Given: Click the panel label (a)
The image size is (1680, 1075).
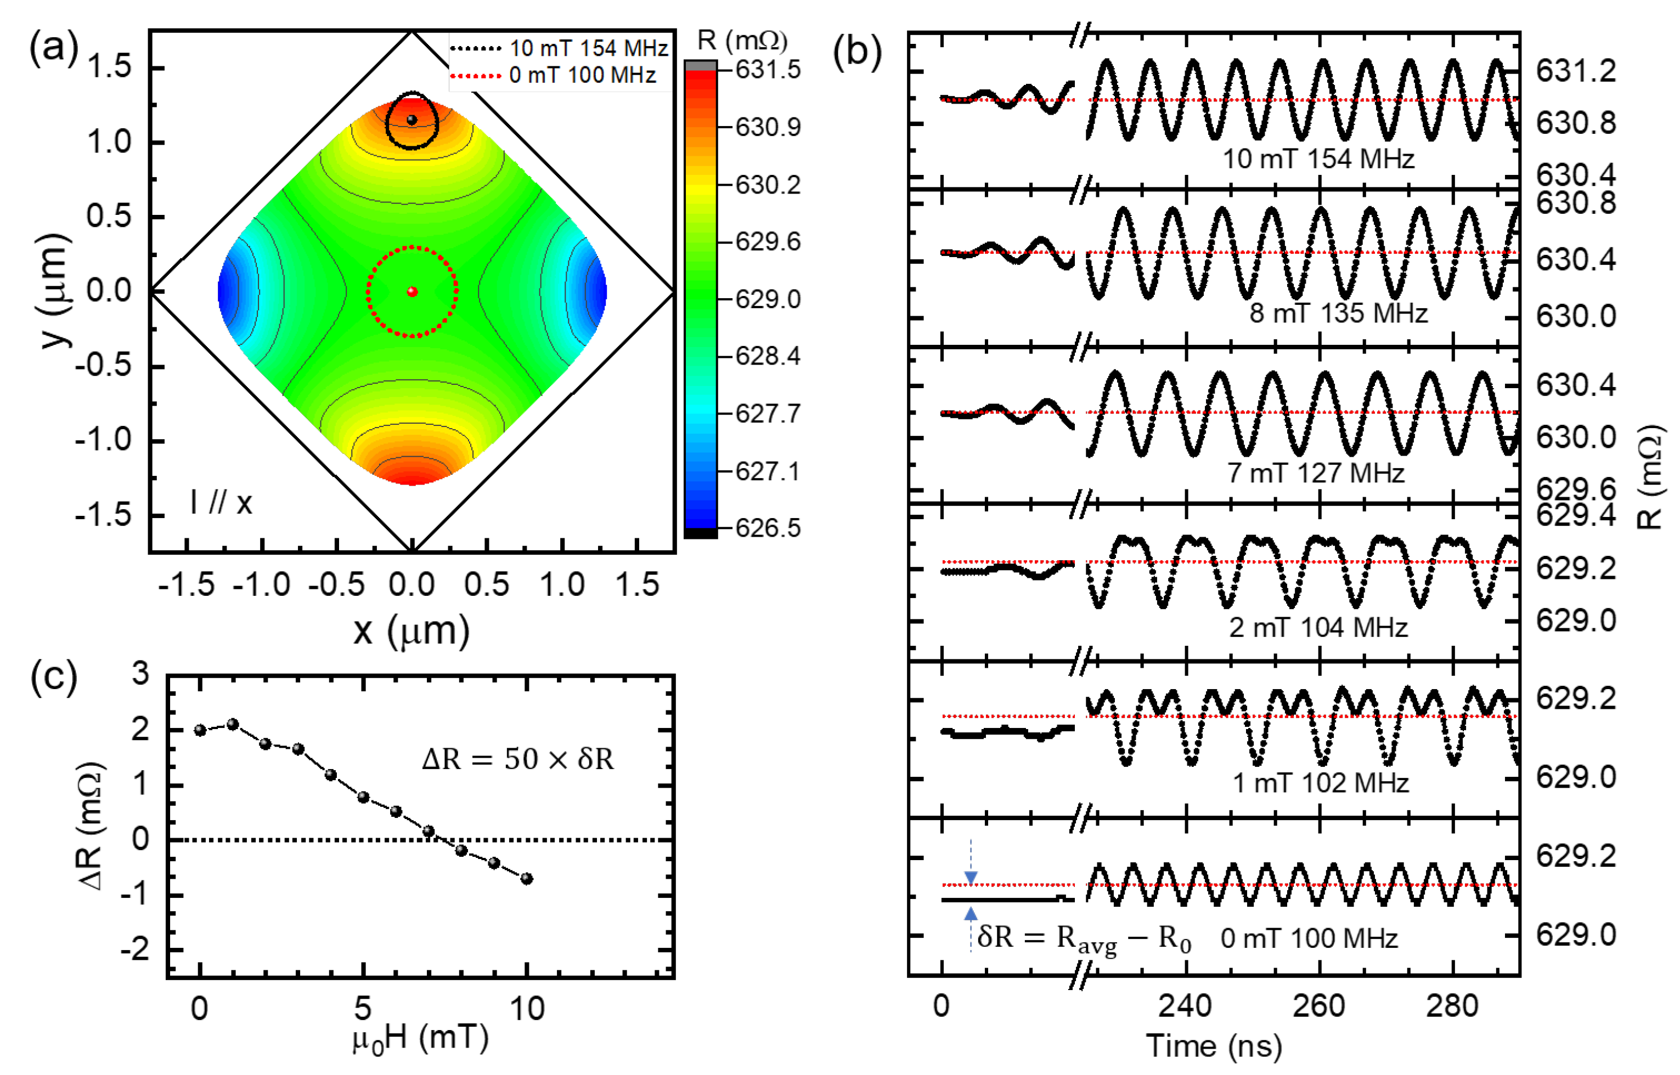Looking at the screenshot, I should point(53,48).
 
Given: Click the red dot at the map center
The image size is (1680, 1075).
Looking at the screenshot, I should point(412,291).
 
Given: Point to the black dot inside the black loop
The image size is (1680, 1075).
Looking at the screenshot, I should point(412,120).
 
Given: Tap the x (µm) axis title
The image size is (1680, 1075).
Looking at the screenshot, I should point(411,631).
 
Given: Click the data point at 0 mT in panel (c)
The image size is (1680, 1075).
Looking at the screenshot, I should point(200,730).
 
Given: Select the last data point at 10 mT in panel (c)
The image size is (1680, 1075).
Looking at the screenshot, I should point(527,879).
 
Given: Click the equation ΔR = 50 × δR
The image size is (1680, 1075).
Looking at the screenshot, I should point(517,759).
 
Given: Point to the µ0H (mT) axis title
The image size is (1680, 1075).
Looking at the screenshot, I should point(420,1039).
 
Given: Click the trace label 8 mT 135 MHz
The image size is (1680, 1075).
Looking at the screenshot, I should point(1338,314).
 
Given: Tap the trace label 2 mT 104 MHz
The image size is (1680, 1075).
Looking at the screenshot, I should point(1317,628).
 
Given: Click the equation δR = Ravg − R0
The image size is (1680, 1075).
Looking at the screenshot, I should point(1084,938).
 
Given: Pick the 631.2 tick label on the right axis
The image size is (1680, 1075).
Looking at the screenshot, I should point(1576,71).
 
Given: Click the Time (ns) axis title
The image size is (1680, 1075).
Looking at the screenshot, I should point(1214,1046).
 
